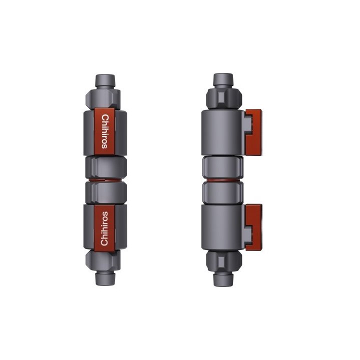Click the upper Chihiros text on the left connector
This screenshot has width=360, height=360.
pos(104,131)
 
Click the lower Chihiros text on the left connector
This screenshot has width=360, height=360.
pos(104,228)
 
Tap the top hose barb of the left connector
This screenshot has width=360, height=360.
pos(105,80)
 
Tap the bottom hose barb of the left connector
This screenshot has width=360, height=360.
pos(105,279)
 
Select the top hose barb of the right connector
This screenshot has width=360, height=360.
pos(223,79)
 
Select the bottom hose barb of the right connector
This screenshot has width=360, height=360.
pos(223,280)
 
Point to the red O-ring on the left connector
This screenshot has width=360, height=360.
pos(105,180)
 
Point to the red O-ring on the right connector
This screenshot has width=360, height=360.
pos(222,180)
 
